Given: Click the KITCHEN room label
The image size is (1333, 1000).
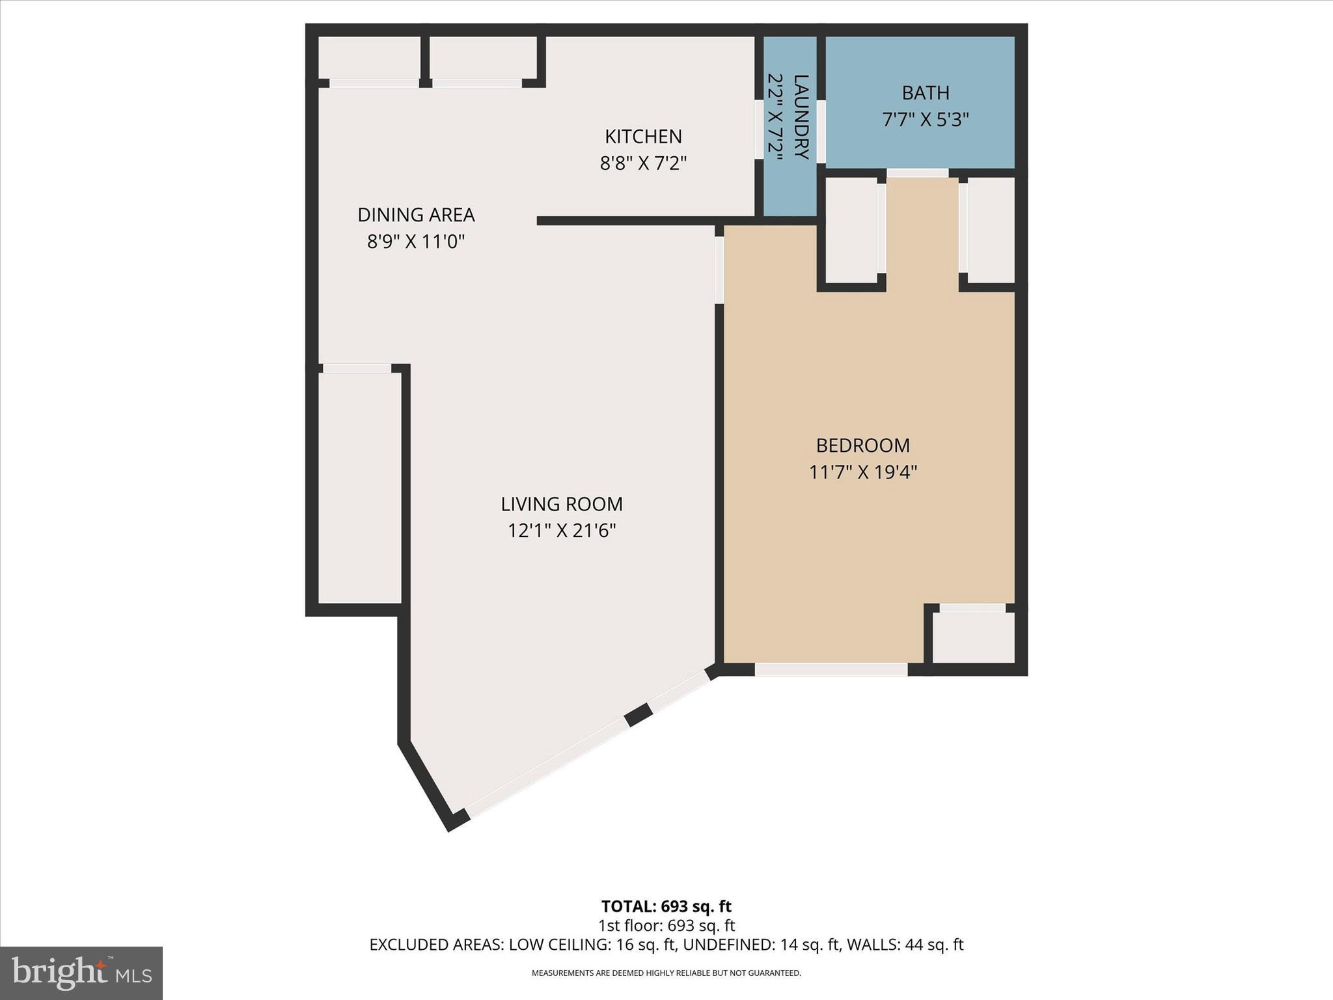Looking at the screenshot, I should (x=643, y=137).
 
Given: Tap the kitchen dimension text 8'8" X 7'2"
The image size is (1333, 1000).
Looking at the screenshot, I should (x=643, y=163).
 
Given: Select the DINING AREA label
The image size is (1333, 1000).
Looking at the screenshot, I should (x=416, y=215).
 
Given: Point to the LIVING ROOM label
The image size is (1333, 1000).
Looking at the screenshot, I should (x=562, y=504).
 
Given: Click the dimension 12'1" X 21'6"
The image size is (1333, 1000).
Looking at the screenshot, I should (x=562, y=531).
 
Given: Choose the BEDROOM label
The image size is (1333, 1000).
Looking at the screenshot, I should (x=862, y=445).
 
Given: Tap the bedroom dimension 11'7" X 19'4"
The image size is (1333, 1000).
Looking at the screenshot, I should (x=862, y=472).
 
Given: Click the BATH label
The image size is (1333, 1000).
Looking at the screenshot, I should (x=925, y=93).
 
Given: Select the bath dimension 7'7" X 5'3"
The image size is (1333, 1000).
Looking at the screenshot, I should (x=925, y=120).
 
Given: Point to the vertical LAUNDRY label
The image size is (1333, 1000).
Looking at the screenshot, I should (x=801, y=117).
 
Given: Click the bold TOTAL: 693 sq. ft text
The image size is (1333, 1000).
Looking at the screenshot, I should (x=666, y=906).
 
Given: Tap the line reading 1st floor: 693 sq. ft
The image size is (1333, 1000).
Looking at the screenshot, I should (x=666, y=925).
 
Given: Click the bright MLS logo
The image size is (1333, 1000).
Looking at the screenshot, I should (x=81, y=973).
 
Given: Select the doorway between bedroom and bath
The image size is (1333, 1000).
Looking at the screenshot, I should (x=918, y=173).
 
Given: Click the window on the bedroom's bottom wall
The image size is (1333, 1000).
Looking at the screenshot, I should (x=831, y=669).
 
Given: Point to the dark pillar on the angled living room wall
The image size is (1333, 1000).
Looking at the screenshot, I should (x=639, y=714).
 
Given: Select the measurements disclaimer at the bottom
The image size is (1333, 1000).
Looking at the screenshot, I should (x=666, y=973).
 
